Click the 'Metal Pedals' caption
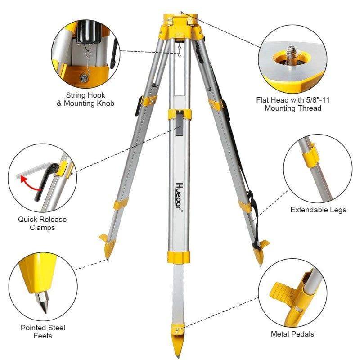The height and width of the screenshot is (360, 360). click(292, 334)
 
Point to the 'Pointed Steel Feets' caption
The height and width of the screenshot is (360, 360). click(43, 331)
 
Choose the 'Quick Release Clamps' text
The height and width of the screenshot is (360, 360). click(42, 224)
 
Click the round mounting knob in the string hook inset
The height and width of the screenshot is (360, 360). click(84, 78)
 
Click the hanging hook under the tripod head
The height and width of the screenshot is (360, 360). click(179, 49)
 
